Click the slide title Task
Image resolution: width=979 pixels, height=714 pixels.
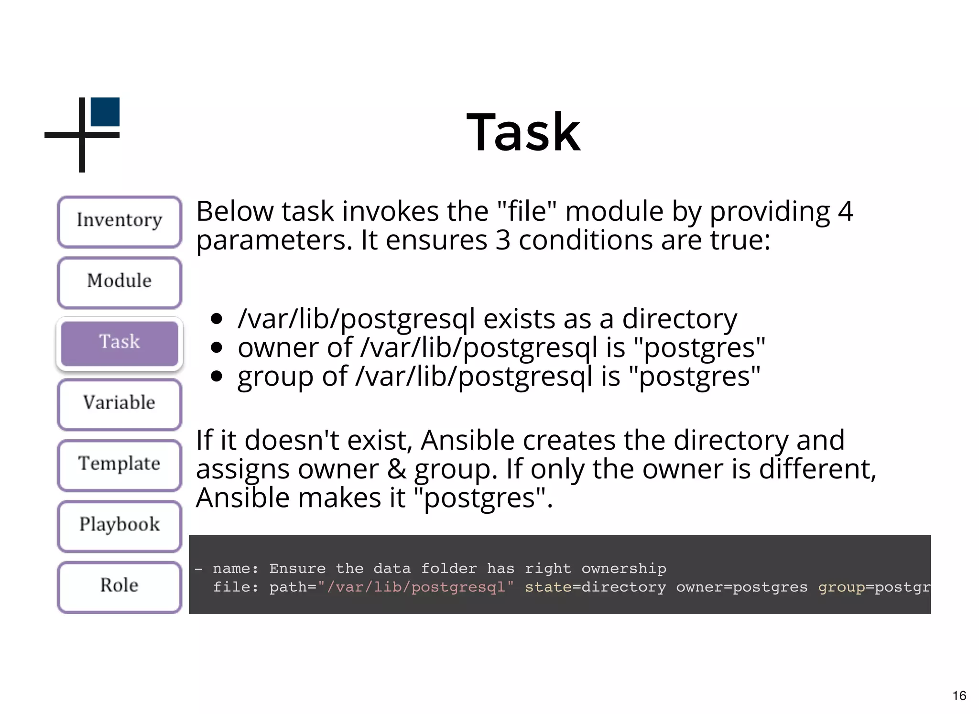pos(523,132)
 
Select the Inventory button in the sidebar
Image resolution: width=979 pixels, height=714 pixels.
pos(120,221)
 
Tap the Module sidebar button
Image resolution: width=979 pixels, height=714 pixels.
pos(120,282)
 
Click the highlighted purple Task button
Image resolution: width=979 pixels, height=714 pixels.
pos(120,343)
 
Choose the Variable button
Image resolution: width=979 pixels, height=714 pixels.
pos(120,403)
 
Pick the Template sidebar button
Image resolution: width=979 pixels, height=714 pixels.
pos(120,465)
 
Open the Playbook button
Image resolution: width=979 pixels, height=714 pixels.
pos(120,525)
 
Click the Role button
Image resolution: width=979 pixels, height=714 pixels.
pos(120,586)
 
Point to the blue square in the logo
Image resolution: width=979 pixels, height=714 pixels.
pos(105,112)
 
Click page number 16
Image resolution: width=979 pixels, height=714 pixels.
pos(959,695)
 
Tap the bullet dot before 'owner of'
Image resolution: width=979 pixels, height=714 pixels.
pos(217,347)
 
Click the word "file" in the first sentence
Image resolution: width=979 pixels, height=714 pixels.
pos(527,212)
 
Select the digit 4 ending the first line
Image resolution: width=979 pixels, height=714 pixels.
pos(845,212)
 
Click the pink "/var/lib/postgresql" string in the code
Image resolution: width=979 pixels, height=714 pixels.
pos(415,587)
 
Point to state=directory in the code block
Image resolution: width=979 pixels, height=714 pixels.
pos(595,587)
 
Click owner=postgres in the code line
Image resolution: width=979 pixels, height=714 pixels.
pos(741,587)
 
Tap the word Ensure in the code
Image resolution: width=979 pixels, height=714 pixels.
pos(297,568)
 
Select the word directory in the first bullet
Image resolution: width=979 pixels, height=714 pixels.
pos(679,319)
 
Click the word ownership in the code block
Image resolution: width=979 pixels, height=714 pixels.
pos(623,568)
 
